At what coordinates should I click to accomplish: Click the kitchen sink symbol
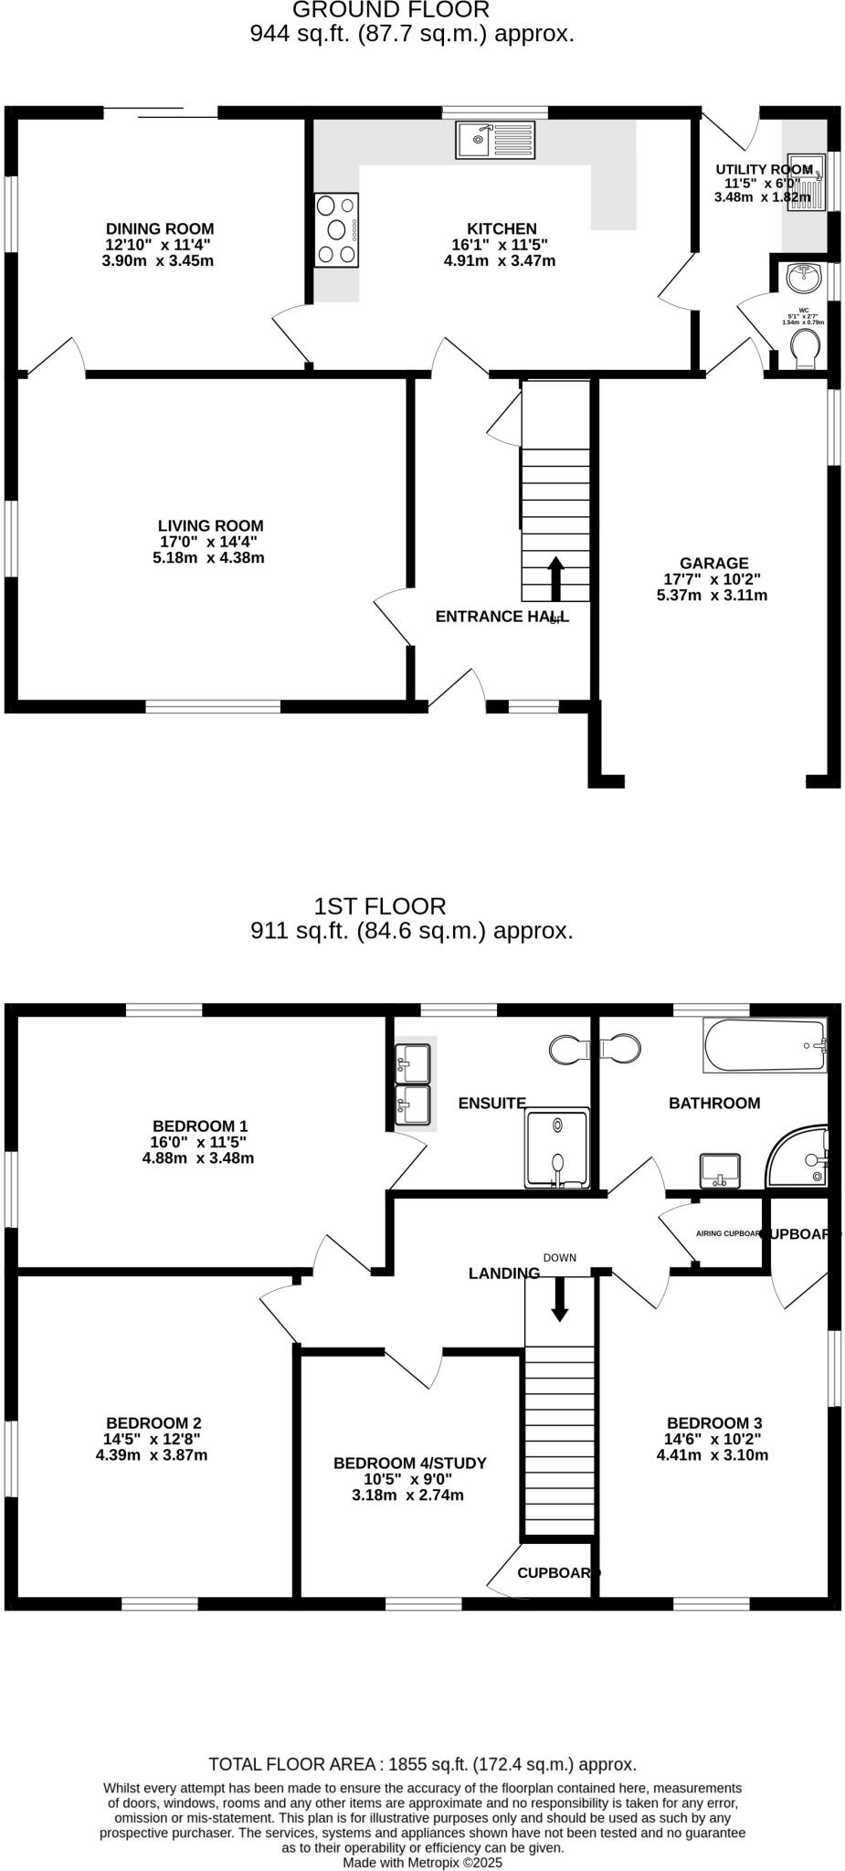(x=499, y=139)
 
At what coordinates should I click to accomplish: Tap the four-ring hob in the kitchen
(x=336, y=230)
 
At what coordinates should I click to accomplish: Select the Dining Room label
(x=160, y=228)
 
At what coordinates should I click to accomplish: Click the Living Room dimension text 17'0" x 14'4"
(x=209, y=542)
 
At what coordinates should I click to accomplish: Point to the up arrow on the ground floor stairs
(x=555, y=577)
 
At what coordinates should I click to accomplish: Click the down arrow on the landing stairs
(x=559, y=1298)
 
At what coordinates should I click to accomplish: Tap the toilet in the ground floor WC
(x=805, y=350)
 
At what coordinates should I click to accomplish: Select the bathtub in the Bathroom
(x=764, y=1045)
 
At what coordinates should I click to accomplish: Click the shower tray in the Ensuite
(x=556, y=1148)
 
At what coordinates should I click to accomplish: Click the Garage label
(x=713, y=564)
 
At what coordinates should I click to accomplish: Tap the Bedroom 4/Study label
(x=409, y=1463)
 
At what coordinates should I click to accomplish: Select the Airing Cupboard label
(x=728, y=1233)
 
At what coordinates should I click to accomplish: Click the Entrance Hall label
(x=502, y=617)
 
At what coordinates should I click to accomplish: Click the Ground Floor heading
(x=390, y=10)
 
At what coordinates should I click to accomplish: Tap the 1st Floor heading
(x=380, y=906)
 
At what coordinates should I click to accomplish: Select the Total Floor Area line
(x=422, y=1764)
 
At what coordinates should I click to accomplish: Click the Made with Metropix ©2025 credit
(x=422, y=1861)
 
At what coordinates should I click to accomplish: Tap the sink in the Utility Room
(x=806, y=180)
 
